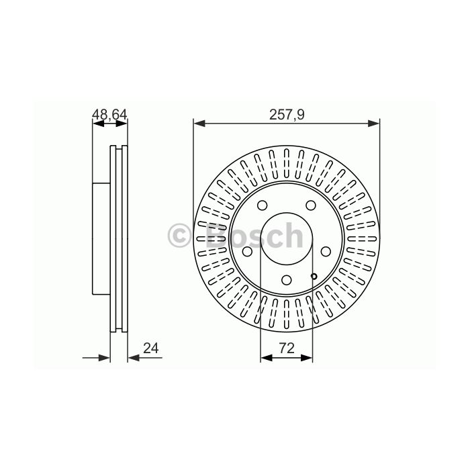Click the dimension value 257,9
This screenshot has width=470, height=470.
click(287, 115)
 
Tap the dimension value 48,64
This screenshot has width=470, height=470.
click(109, 114)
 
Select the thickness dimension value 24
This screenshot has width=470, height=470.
click(150, 348)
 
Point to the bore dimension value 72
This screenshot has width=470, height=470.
click(287, 348)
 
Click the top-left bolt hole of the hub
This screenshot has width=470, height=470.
click(263, 205)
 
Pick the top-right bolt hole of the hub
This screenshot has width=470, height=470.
click(310, 205)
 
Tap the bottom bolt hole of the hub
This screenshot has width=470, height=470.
click(287, 280)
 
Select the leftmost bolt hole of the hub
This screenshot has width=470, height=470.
click(247, 251)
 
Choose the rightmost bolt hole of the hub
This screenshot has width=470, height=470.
click(326, 251)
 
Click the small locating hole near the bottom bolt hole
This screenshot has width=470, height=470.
click(314, 276)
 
